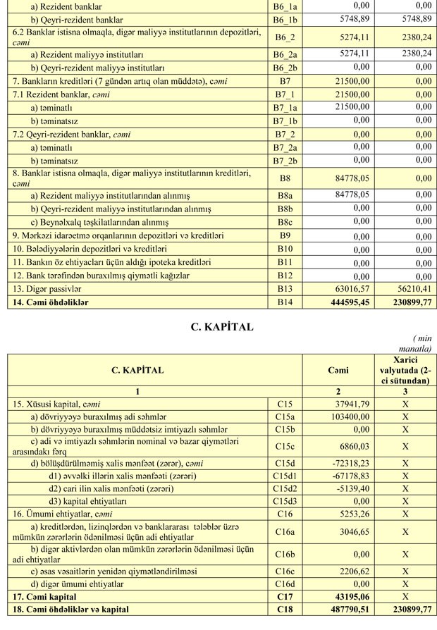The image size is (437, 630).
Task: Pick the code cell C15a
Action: (x=285, y=417)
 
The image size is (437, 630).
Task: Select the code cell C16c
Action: (x=285, y=572)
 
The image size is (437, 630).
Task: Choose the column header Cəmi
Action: (x=338, y=370)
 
